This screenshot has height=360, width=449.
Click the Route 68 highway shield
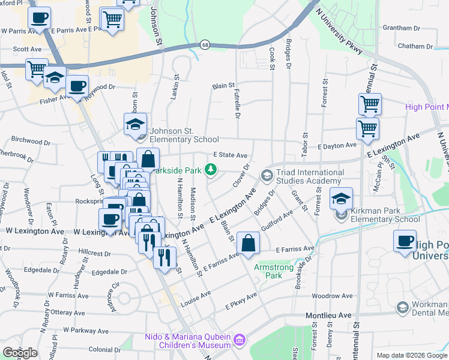click(205, 45)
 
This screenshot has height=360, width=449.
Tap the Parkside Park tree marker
click(210, 170)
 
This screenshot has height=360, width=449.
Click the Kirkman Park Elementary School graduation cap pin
click(341, 199)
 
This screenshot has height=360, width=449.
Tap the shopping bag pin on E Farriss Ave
click(248, 243)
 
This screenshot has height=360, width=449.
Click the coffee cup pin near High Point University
click(405, 241)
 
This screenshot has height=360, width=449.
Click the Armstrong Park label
click(268, 271)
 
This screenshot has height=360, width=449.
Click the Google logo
click(20, 353)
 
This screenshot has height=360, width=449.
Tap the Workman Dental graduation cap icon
click(402, 308)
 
